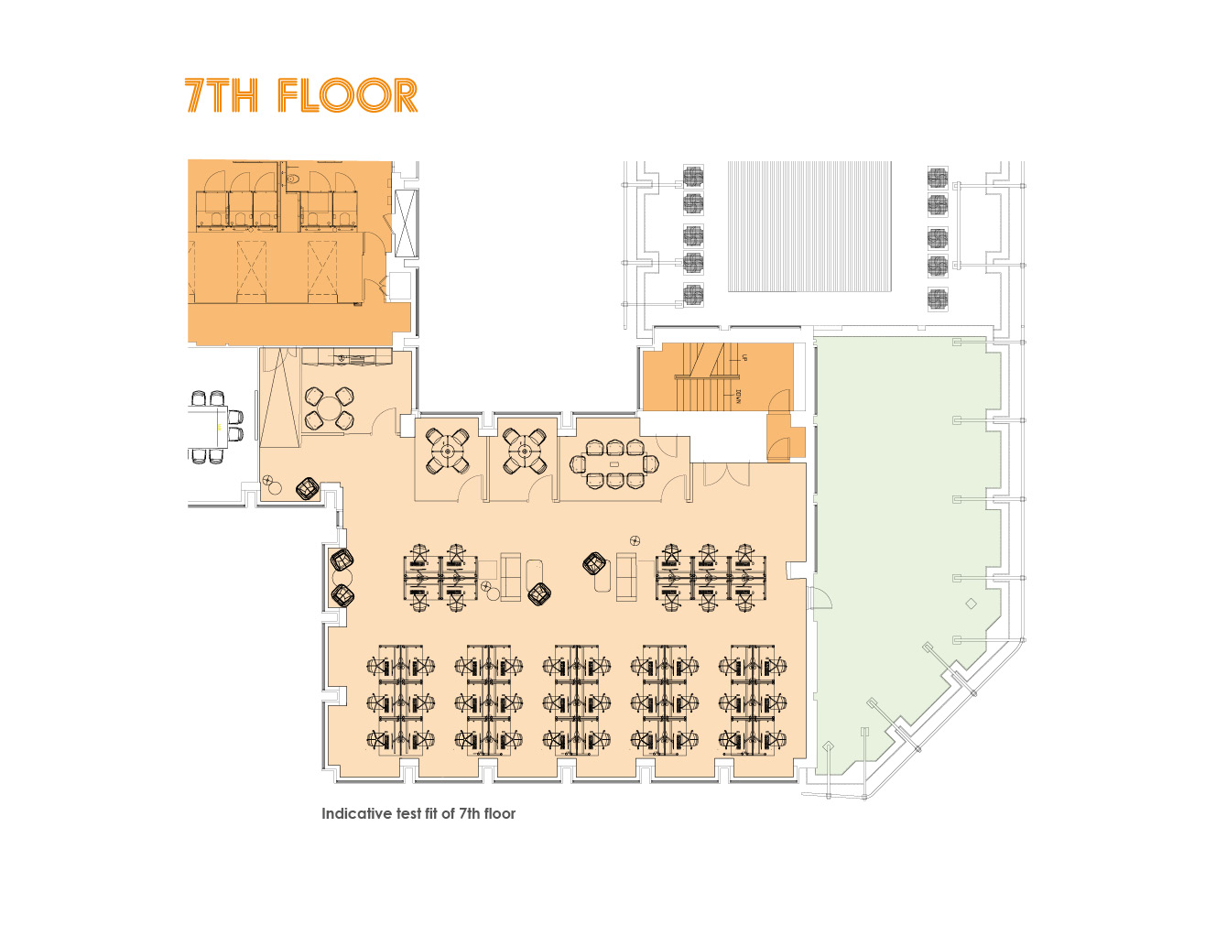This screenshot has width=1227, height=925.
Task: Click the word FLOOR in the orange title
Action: (x=347, y=95)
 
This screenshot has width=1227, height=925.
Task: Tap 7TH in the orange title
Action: (x=222, y=95)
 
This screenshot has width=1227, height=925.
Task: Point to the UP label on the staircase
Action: (x=744, y=357)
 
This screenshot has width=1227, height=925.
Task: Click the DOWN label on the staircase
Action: (x=738, y=397)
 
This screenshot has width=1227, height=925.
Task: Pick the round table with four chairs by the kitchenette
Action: (x=330, y=408)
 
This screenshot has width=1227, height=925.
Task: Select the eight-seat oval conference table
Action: (x=613, y=464)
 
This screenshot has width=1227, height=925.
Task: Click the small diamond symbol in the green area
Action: (x=971, y=604)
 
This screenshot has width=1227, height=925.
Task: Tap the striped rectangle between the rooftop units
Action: (x=809, y=226)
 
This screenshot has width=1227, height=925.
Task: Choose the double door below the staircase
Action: (x=725, y=474)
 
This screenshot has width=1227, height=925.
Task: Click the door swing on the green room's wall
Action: (x=821, y=597)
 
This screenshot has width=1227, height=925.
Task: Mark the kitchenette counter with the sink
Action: (x=346, y=356)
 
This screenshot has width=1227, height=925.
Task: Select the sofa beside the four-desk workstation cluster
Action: (x=510, y=577)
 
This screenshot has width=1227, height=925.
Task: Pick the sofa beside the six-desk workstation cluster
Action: (x=626, y=577)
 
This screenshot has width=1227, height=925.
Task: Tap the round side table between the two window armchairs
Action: (x=342, y=577)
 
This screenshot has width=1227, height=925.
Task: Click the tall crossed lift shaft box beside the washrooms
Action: (x=406, y=223)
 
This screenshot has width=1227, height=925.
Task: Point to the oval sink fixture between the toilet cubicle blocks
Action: (x=290, y=179)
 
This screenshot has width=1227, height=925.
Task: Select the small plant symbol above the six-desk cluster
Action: (x=635, y=540)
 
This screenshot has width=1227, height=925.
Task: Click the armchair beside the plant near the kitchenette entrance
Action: (x=307, y=488)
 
